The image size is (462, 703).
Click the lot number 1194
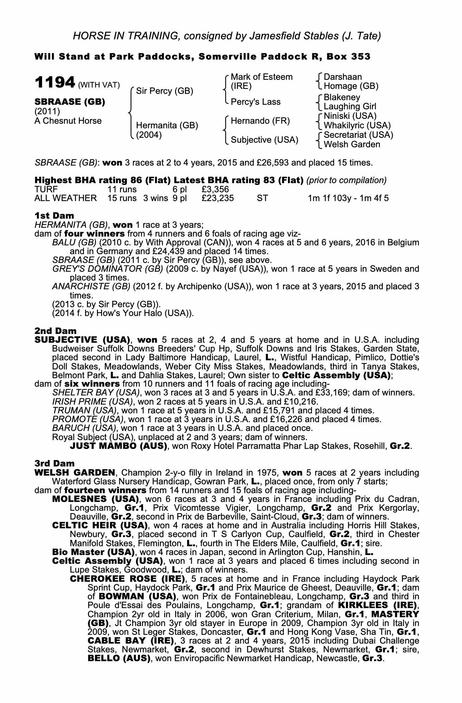coord(55,83)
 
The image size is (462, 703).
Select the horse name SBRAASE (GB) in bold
coord(70,102)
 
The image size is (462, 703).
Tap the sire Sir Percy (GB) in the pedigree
coord(164,91)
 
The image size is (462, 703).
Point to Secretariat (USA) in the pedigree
coord(358,135)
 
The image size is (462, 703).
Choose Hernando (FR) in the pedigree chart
coord(260,121)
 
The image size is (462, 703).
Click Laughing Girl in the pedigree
coord(349,107)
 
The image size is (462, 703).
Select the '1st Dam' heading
coord(54,215)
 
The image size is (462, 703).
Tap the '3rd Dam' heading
coord(54,464)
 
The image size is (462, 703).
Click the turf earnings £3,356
coord(215,189)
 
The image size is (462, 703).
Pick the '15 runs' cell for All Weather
coord(122,198)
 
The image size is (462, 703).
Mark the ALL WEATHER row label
coord(65,198)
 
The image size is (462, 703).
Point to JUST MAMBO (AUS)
coord(118,446)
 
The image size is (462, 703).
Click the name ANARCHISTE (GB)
coord(91,286)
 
